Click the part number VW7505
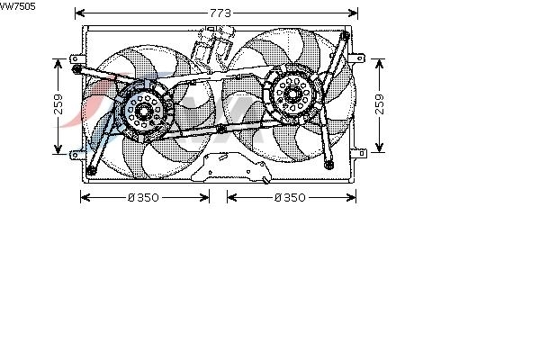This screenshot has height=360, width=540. [17, 6]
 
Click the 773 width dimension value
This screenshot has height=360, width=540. [220, 13]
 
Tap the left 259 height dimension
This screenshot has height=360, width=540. [58, 104]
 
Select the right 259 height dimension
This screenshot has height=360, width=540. [379, 104]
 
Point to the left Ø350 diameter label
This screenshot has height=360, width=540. [143, 197]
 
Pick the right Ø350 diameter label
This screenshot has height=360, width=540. [290, 197]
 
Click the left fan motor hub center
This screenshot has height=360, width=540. [142, 111]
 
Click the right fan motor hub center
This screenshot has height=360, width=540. [292, 94]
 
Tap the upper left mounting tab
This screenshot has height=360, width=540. [76, 58]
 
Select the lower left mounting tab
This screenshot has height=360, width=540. [76, 155]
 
